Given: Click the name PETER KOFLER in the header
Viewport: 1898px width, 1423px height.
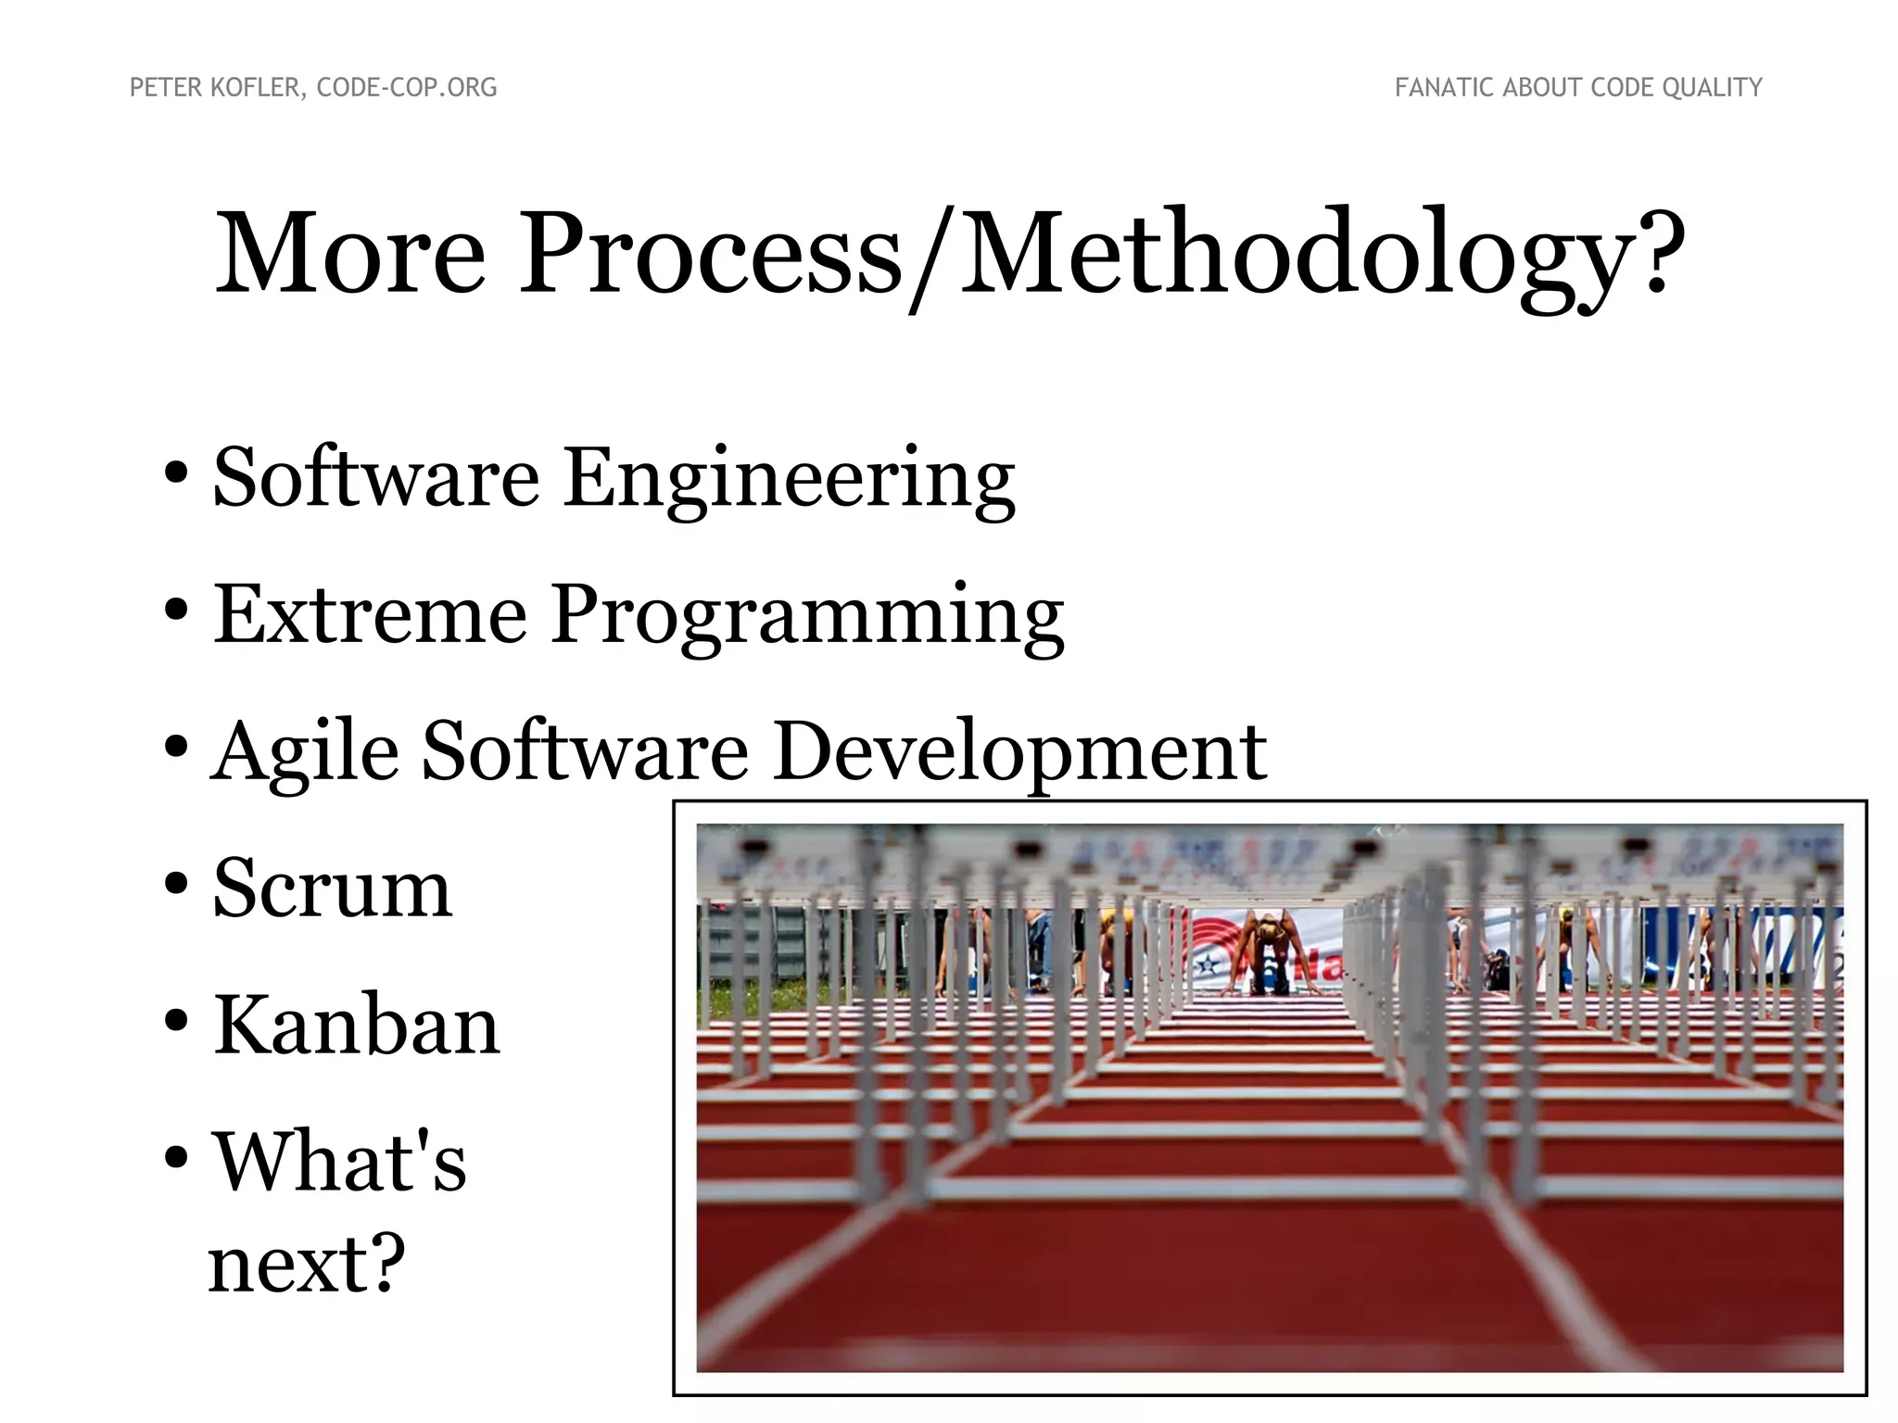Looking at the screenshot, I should point(215,88).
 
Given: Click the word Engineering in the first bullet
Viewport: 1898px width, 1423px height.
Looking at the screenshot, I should point(789,479).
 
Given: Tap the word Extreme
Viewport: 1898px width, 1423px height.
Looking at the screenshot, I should point(370,615).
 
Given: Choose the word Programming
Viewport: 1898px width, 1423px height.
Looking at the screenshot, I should point(808,617).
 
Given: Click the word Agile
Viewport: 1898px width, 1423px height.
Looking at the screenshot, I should point(305,752).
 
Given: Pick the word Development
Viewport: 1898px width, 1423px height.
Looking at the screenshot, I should point(1019,752).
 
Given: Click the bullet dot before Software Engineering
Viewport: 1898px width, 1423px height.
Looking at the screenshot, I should point(176,474).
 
